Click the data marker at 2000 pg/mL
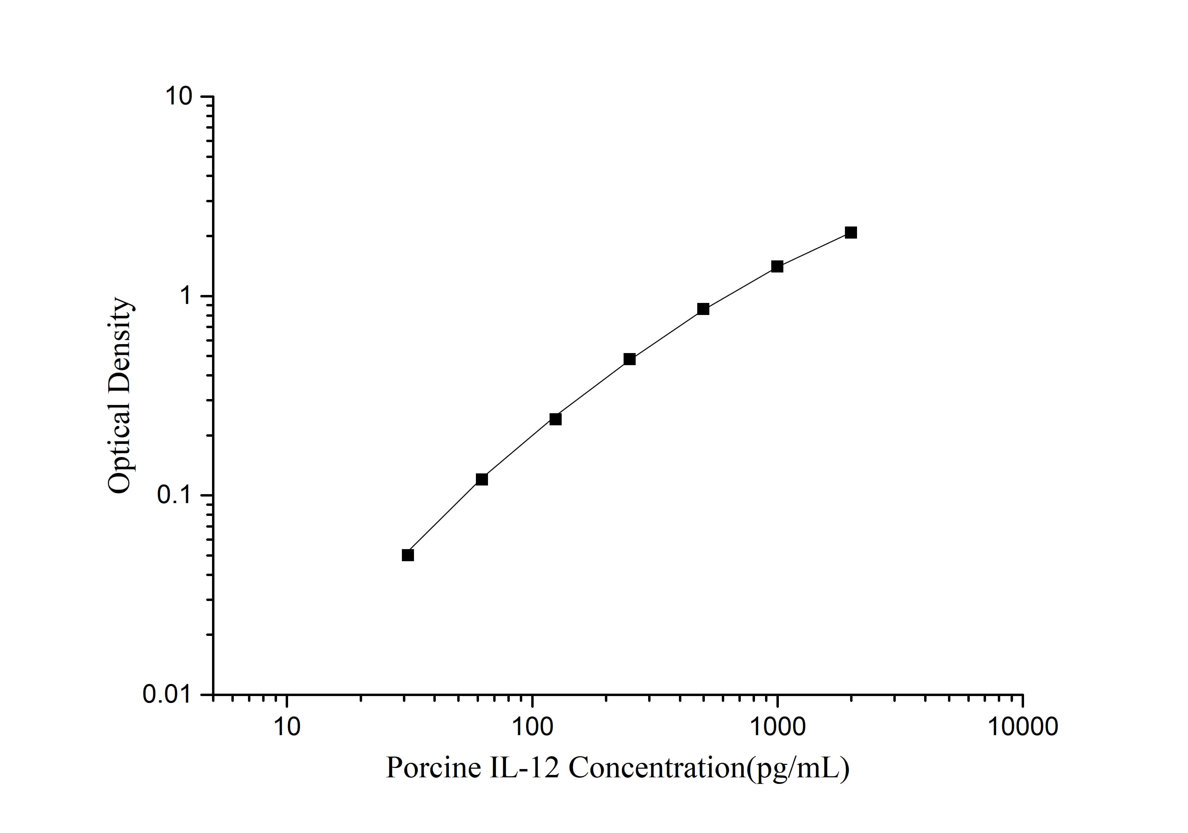(x=851, y=232)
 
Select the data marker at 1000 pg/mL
(x=777, y=267)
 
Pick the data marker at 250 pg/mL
(x=629, y=359)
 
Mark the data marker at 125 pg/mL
(x=555, y=419)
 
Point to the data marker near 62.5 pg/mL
(x=482, y=479)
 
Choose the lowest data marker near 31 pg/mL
(x=408, y=555)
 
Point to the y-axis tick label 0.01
(x=171, y=694)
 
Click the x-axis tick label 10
(x=287, y=727)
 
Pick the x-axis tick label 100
(x=532, y=727)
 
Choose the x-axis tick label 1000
(x=777, y=727)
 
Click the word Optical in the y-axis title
(x=120, y=448)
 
